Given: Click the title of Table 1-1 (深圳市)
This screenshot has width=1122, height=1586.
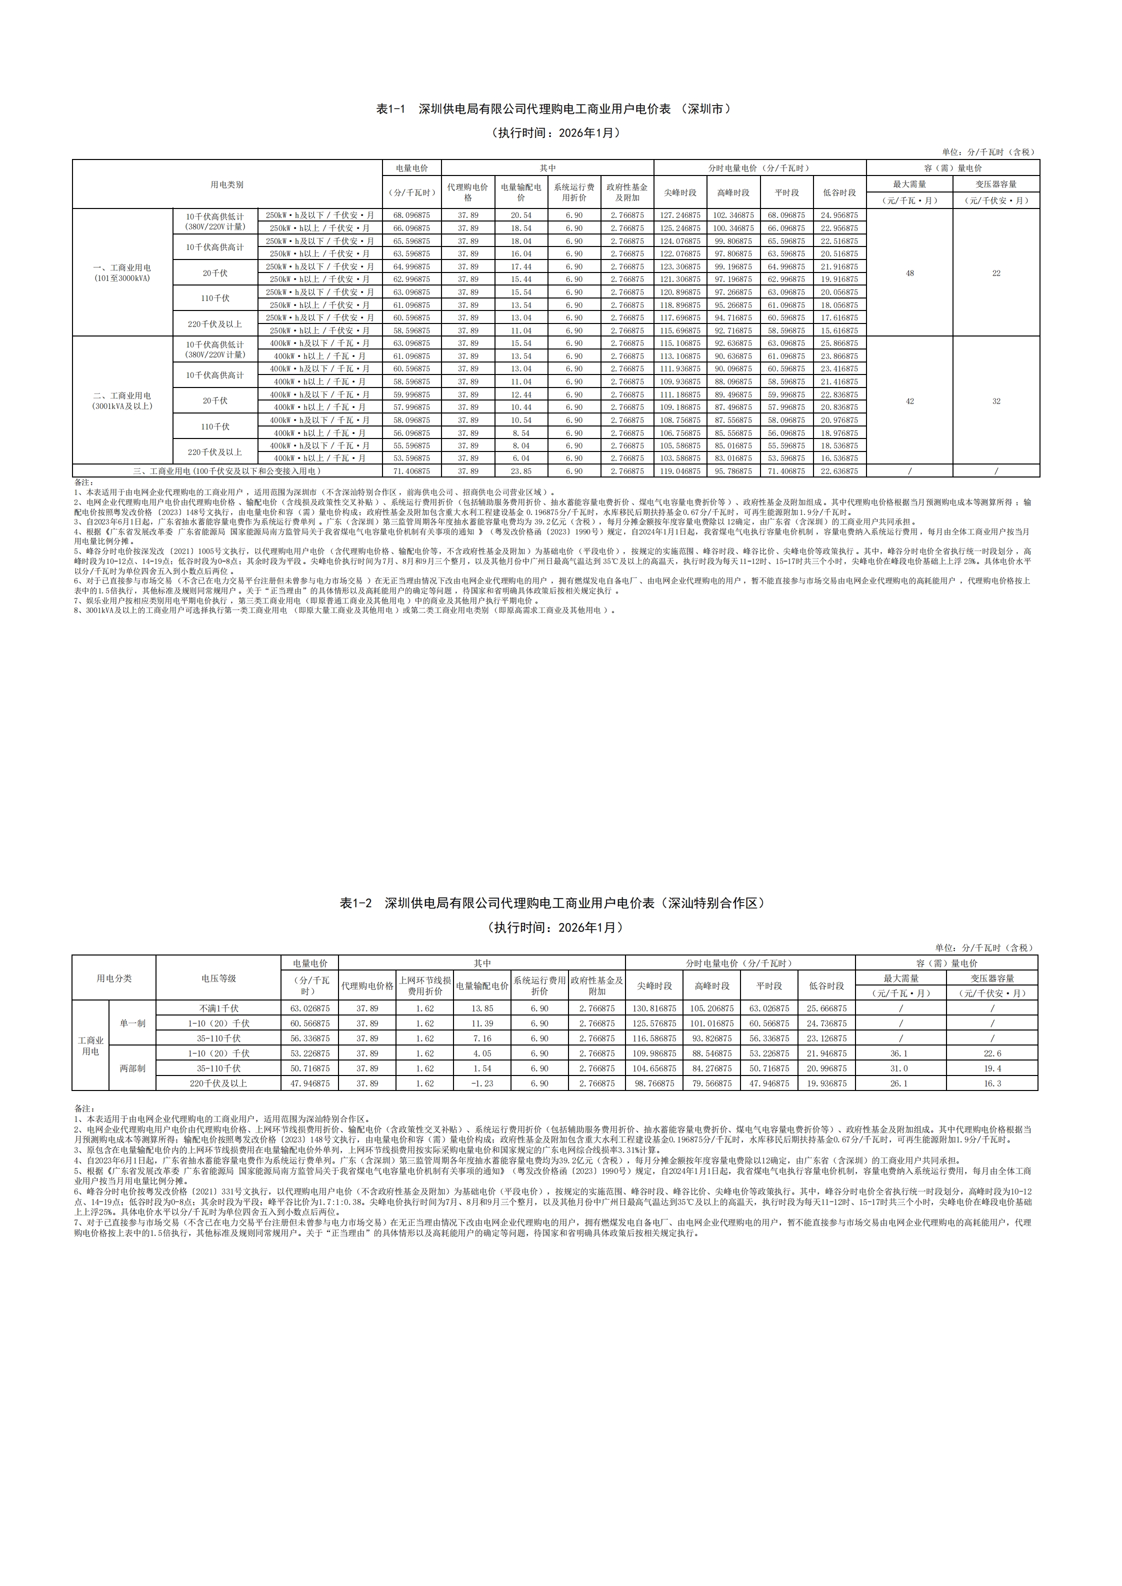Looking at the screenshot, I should [x=553, y=109].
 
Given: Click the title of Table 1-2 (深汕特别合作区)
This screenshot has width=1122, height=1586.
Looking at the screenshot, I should [x=553, y=903].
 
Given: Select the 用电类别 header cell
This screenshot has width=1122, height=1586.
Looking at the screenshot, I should [x=227, y=184].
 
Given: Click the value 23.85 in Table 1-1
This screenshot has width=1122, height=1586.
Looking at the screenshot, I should [x=521, y=471].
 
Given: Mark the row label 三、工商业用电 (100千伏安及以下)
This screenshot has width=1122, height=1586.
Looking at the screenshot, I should [x=227, y=471].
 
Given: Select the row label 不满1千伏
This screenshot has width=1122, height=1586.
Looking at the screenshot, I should [x=218, y=1008].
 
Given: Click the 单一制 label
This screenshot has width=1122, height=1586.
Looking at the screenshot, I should [x=132, y=1023].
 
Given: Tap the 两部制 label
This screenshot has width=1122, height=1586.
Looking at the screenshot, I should [x=132, y=1068].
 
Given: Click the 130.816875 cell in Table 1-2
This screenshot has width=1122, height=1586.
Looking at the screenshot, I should [x=654, y=1008].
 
